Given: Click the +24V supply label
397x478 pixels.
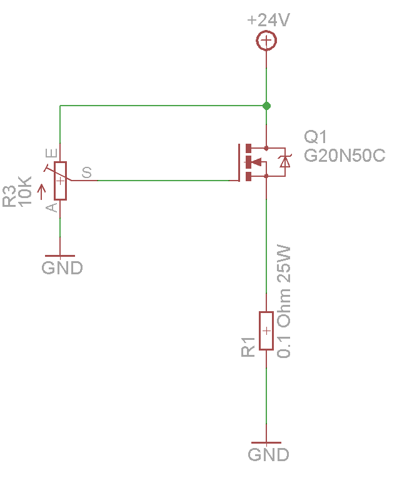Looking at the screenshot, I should pyautogui.click(x=269, y=20).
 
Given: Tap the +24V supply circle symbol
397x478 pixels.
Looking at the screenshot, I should pyautogui.click(x=267, y=42).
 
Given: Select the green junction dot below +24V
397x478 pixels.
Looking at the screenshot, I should pyautogui.click(x=267, y=106).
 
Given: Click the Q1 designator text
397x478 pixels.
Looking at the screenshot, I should pyautogui.click(x=315, y=137).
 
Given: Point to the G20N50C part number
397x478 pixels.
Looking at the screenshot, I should pyautogui.click(x=344, y=156).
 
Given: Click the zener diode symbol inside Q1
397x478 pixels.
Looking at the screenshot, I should pyautogui.click(x=285, y=161).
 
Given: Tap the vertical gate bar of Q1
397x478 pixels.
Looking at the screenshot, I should pyautogui.click(x=239, y=162).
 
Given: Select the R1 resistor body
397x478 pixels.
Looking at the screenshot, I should pyautogui.click(x=266, y=331).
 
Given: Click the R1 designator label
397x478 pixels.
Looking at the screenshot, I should pyautogui.click(x=248, y=347).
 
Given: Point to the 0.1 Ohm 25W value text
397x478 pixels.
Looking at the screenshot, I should pyautogui.click(x=284, y=302).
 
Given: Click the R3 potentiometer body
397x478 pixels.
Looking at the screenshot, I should pyautogui.click(x=60, y=181).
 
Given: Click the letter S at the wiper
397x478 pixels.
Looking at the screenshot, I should pyautogui.click(x=86, y=172).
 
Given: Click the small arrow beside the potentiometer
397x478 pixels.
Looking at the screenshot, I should pyautogui.click(x=42, y=191).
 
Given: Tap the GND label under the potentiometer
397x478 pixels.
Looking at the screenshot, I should pyautogui.click(x=62, y=268).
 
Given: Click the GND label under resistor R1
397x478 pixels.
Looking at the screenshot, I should pyautogui.click(x=268, y=454).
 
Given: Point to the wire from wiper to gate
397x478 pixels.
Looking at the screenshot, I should pyautogui.click(x=156, y=181).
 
